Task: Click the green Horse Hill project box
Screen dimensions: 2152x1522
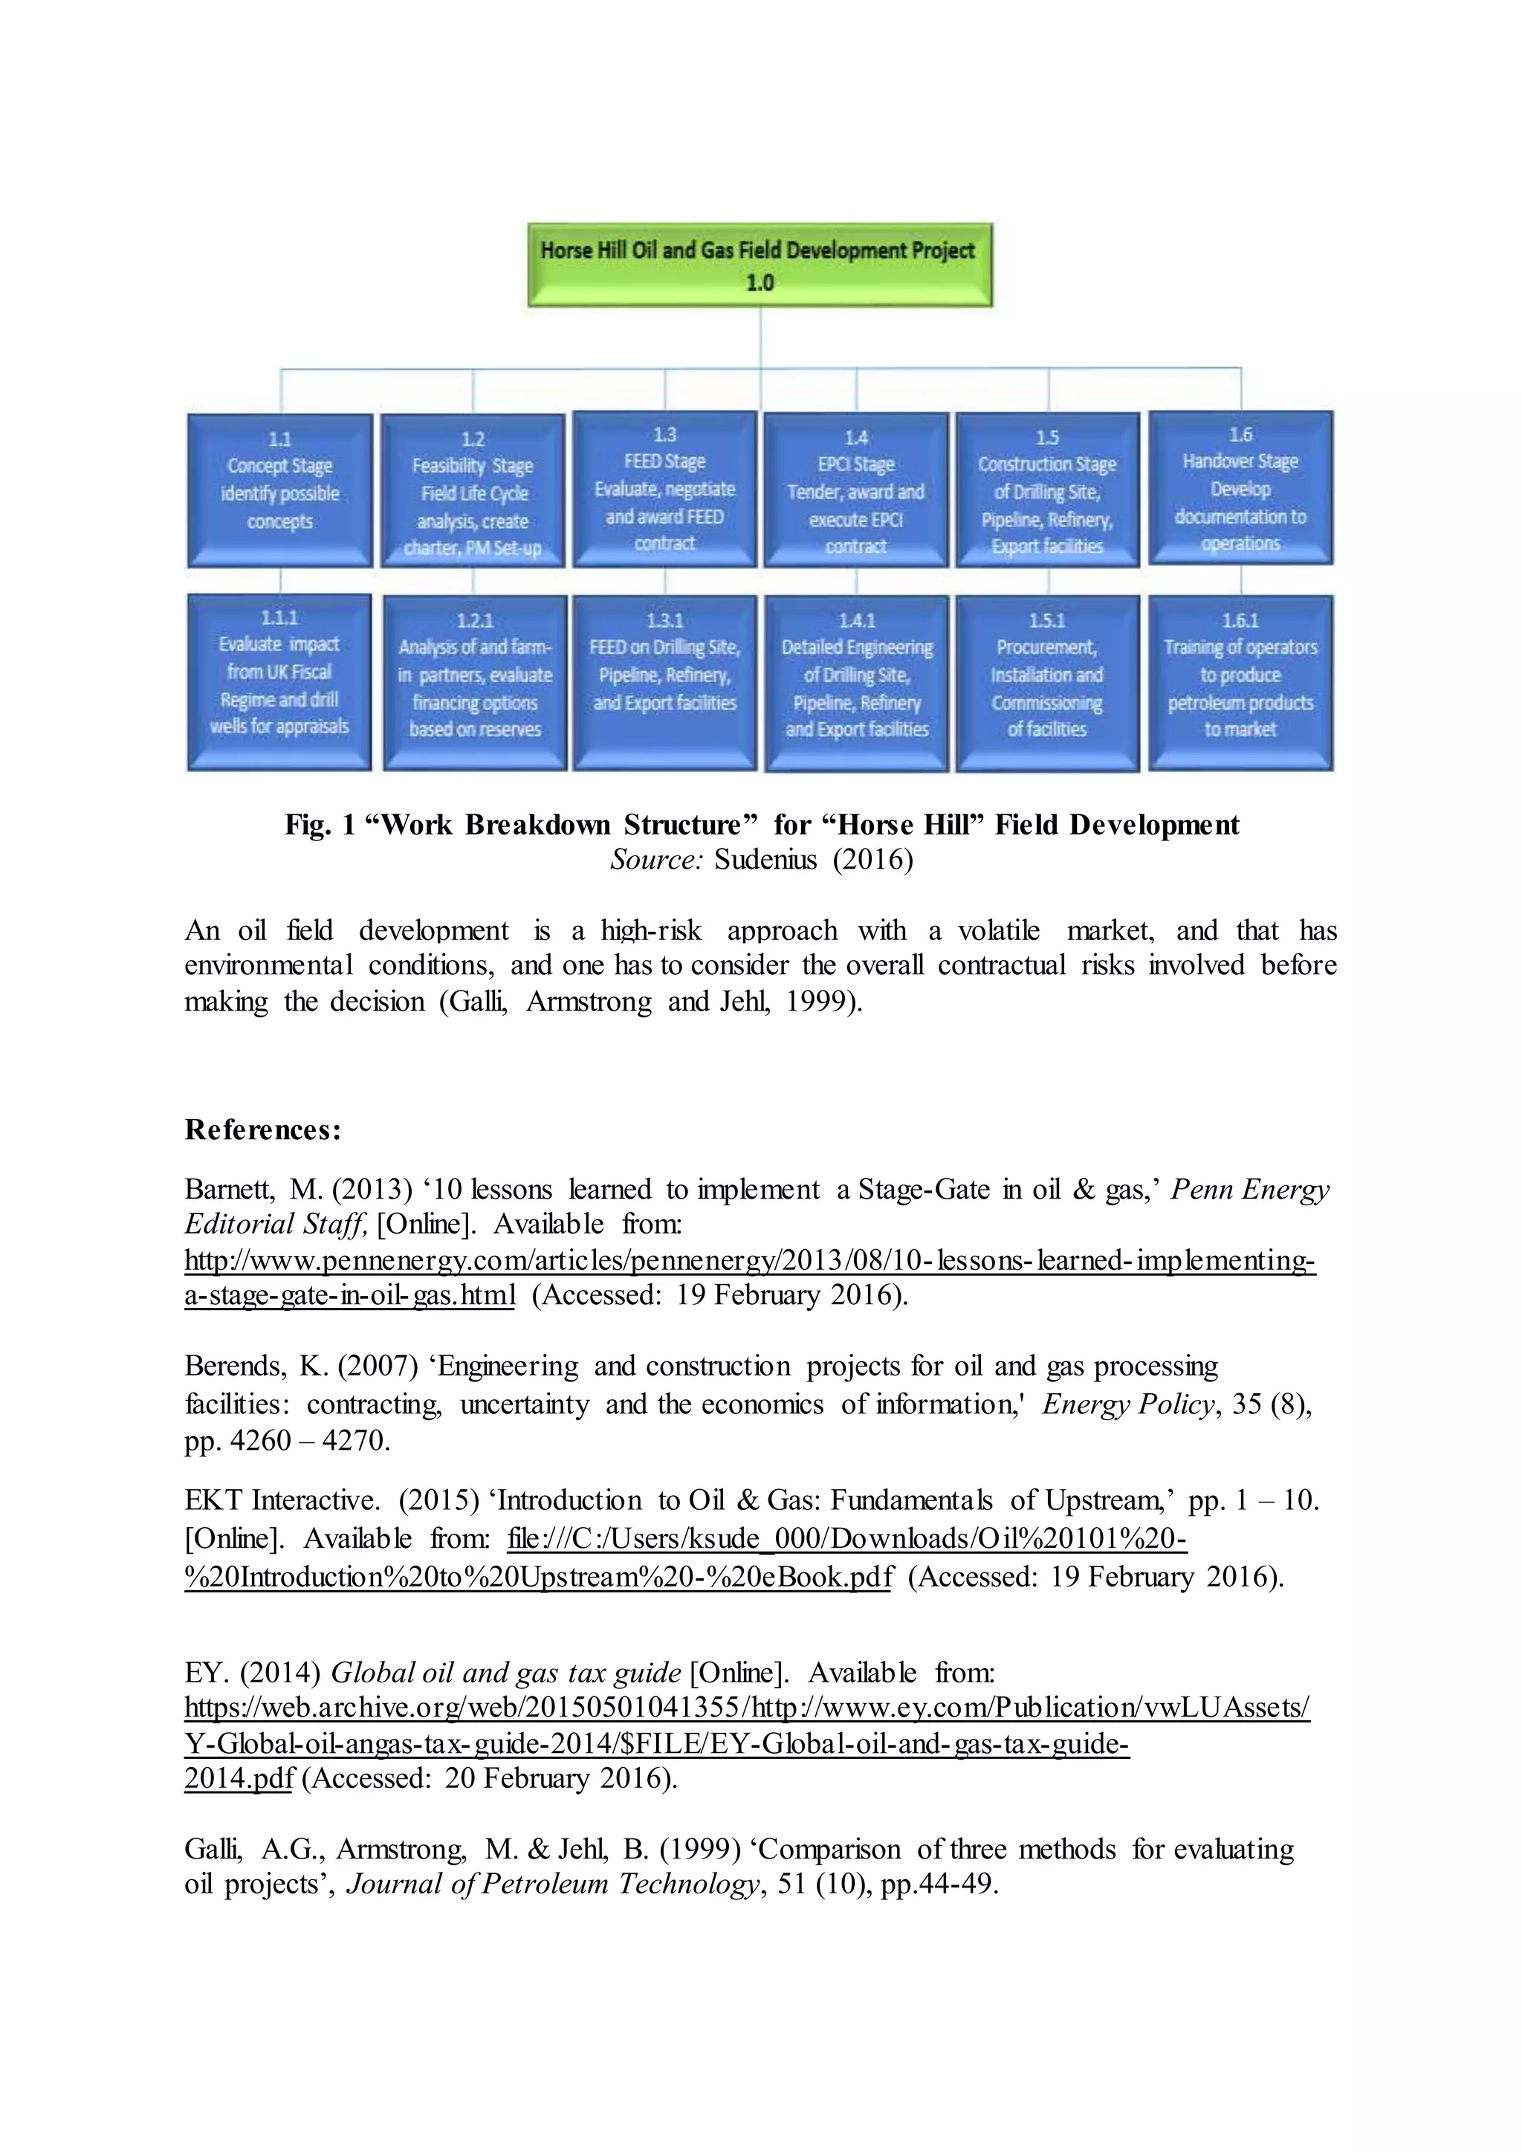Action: pos(759,265)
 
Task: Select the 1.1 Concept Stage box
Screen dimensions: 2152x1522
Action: pos(279,491)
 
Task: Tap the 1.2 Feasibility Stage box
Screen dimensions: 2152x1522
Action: pos(473,492)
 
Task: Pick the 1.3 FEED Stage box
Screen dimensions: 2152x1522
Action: pos(664,489)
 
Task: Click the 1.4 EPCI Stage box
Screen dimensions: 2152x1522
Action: pos(855,491)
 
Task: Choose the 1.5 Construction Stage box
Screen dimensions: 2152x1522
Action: pos(1048,491)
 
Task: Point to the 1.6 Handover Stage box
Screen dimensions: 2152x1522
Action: pos(1240,488)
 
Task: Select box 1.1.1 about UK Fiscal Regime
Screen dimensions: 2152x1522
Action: pos(279,682)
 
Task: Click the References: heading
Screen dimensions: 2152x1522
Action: pos(263,1130)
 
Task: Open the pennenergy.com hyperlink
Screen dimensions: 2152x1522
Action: pos(750,1260)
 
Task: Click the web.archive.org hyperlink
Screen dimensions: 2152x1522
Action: pos(747,1707)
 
